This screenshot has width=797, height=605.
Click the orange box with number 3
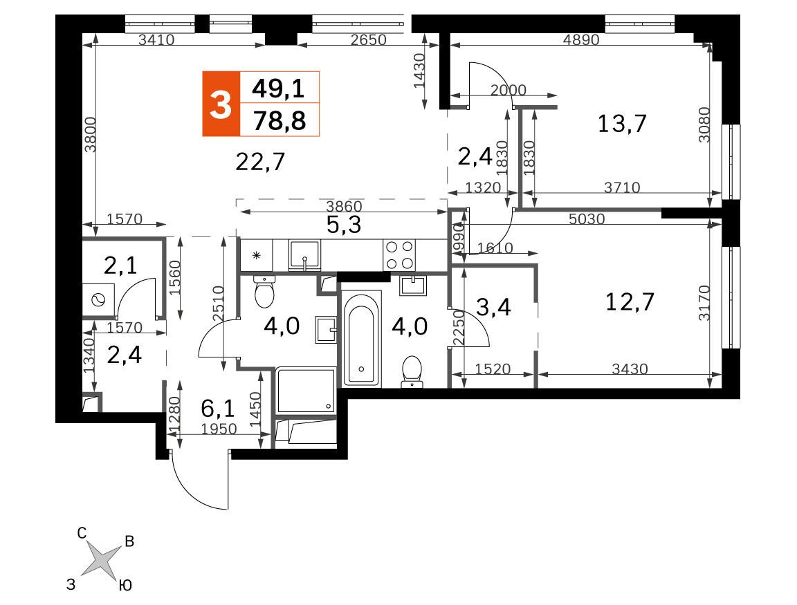point(221,104)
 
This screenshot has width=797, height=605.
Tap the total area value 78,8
point(280,122)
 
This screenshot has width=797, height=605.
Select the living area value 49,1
point(279,89)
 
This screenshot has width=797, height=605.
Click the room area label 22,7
point(260,162)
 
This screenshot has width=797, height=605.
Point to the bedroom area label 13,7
point(622,124)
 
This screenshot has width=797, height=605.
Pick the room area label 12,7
point(630,302)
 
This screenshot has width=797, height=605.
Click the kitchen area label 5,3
point(344,224)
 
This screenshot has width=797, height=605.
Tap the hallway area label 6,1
point(217,407)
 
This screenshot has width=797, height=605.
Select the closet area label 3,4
point(493,307)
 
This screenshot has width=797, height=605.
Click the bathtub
point(361,339)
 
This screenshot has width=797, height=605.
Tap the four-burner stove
point(399,255)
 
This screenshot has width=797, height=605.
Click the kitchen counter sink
point(305,255)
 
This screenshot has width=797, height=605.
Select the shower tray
point(306,390)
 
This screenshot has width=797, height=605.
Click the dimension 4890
point(581,39)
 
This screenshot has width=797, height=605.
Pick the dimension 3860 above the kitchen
point(344,206)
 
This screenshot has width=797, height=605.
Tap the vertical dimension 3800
point(90,135)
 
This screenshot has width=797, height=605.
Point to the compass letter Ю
point(125,586)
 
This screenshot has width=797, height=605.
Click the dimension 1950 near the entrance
point(219,429)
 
